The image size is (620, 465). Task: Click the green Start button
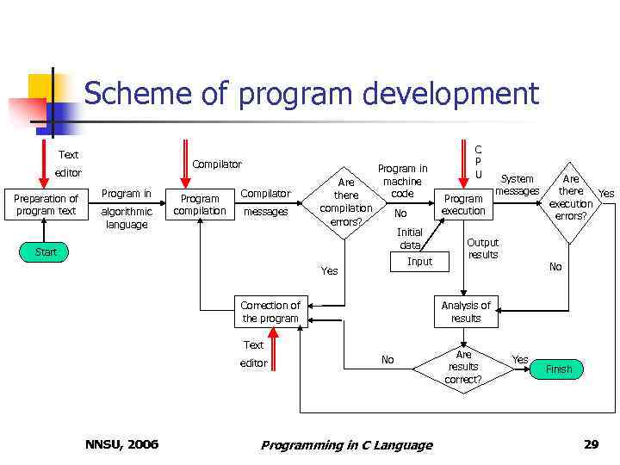(x=46, y=252)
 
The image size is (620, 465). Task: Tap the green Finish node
(x=558, y=369)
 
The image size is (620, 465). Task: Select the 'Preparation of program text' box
(x=46, y=204)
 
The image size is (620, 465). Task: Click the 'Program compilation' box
(x=200, y=204)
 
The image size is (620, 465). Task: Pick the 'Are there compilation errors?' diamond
(x=346, y=202)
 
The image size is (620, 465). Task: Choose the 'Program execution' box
(x=463, y=204)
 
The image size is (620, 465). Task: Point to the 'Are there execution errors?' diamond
(x=571, y=197)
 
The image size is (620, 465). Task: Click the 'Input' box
(x=419, y=261)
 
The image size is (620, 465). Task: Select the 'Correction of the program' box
(x=270, y=312)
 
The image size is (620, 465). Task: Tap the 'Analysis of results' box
(x=466, y=312)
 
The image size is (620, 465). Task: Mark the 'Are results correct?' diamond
(x=463, y=367)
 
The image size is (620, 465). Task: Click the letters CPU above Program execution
(x=478, y=161)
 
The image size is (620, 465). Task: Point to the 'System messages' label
(x=518, y=185)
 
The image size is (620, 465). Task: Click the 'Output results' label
(x=482, y=248)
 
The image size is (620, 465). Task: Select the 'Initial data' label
(x=409, y=239)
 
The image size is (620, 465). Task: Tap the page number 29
(x=591, y=444)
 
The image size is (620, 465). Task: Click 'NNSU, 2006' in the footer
(x=121, y=444)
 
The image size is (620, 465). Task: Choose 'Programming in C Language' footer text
(x=346, y=445)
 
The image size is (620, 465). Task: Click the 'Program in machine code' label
(x=402, y=181)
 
